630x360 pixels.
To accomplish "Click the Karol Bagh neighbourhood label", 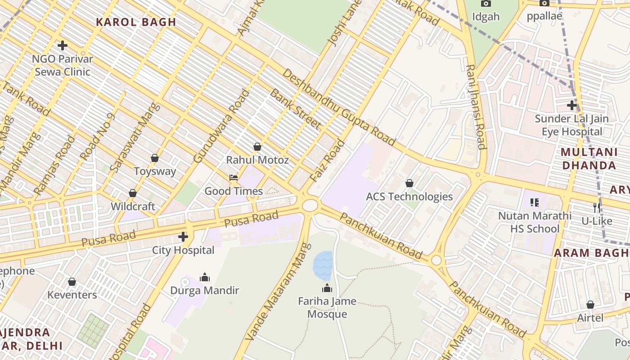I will coord(136,22).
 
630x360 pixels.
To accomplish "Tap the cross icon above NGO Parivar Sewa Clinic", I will coord(63,45).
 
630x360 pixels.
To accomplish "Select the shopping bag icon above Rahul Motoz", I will coord(257,147).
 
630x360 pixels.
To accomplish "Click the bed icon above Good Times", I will coord(234,178).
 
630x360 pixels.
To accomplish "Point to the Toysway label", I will coord(155,171).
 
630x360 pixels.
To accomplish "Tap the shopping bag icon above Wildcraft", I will coord(133,193).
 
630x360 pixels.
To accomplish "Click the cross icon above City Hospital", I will coord(183,237).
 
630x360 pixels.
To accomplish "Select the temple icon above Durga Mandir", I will coord(205,277).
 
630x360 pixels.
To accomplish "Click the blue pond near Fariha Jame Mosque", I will coord(323,265).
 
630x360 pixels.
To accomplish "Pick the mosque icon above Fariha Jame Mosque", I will coord(327,288).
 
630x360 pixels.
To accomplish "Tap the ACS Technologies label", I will coord(409,197).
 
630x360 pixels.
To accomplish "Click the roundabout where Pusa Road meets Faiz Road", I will coord(310,206).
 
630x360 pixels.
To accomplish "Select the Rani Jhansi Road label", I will coord(476,107).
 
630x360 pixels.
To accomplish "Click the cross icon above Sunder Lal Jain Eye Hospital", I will coord(572,105).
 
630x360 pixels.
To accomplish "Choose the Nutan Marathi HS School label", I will coord(535,222).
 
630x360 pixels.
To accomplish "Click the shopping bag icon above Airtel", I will coord(590,305).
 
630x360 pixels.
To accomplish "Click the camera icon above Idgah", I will coord(486,4).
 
